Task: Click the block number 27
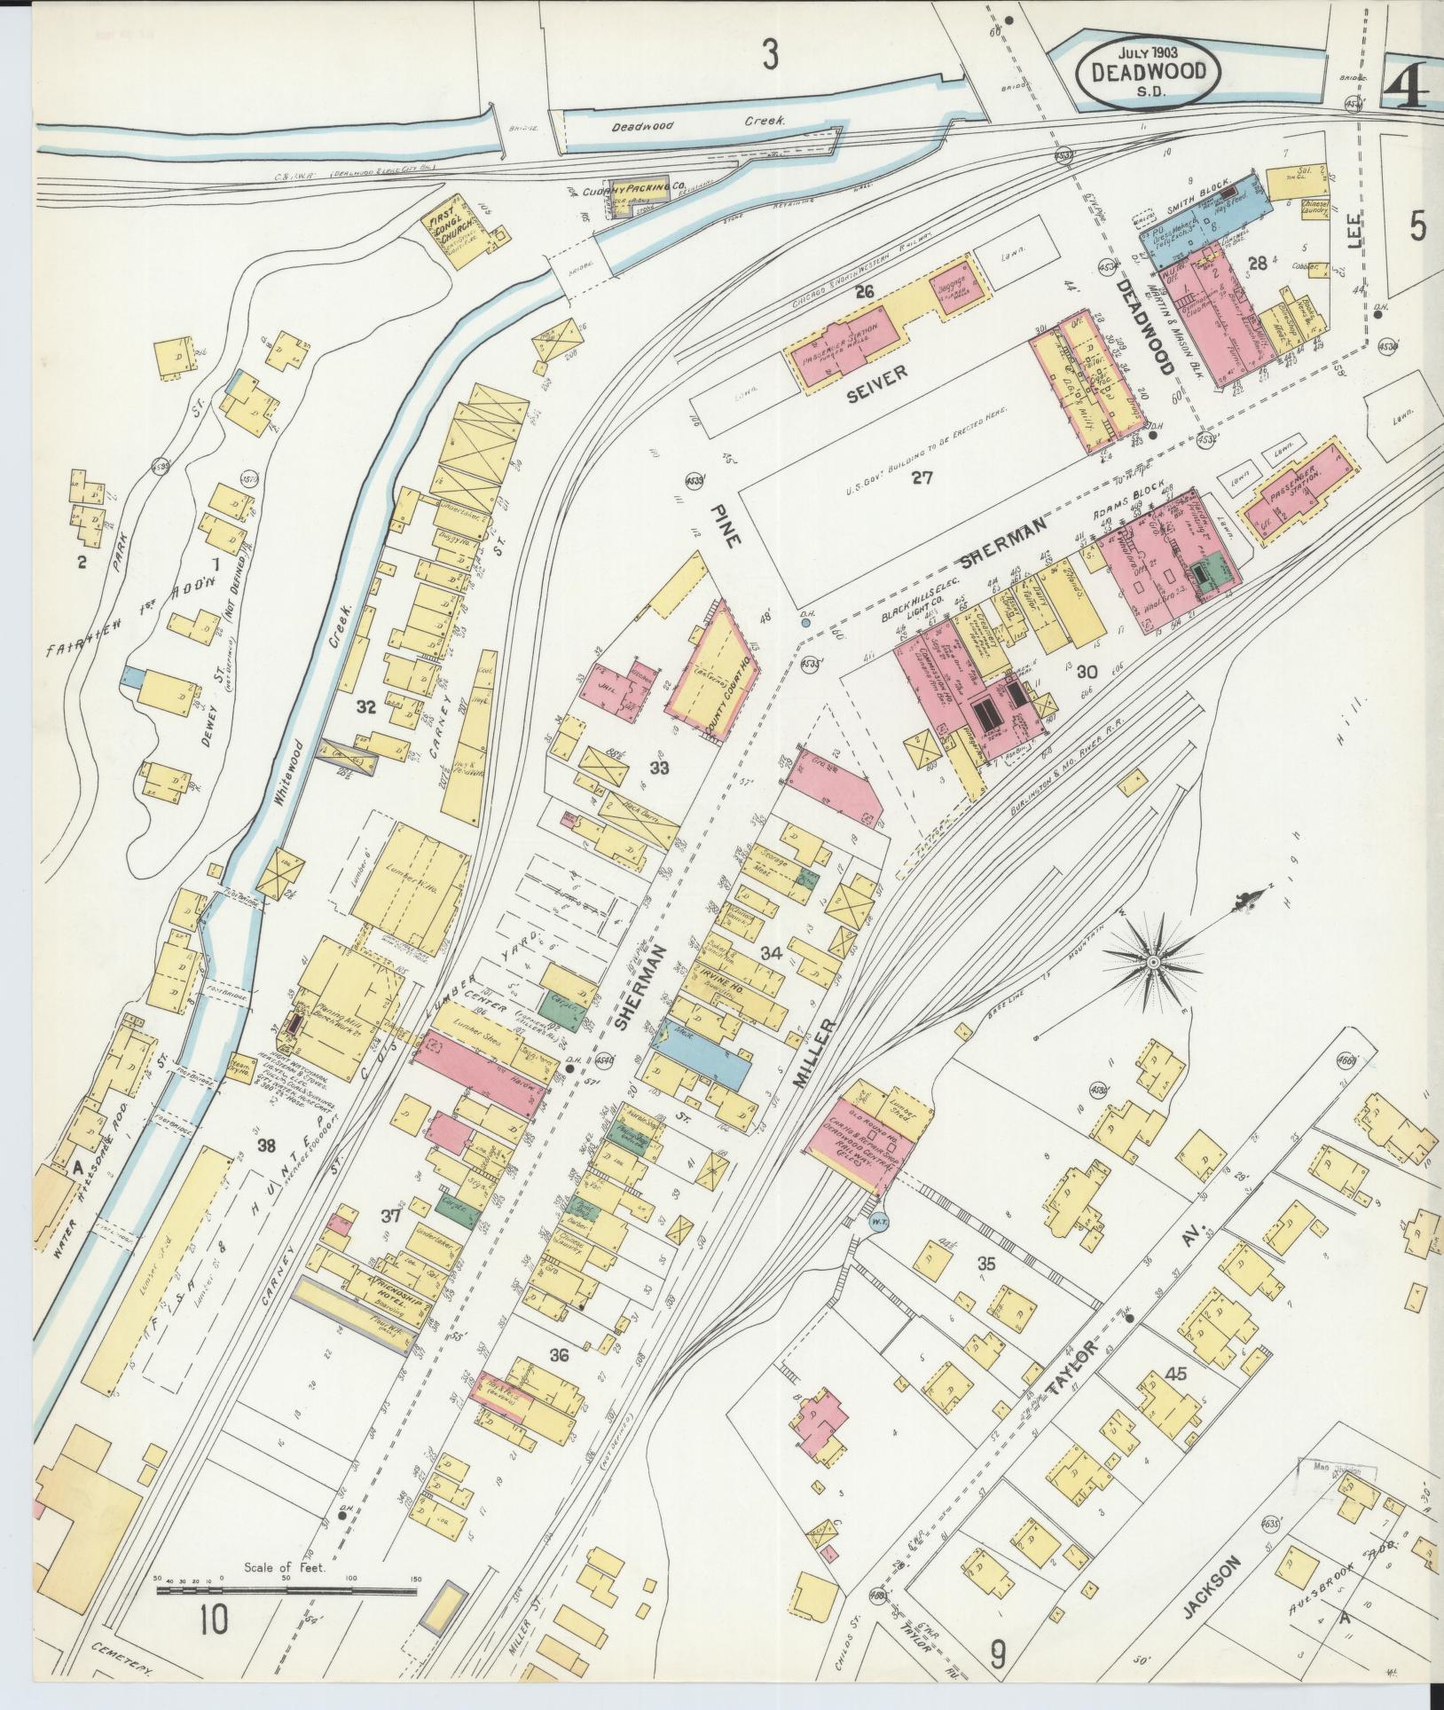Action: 922,477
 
